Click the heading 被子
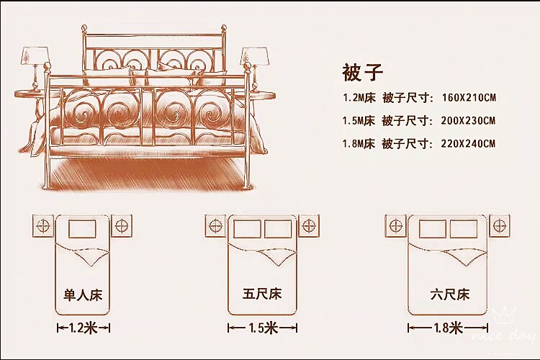(x=362, y=72)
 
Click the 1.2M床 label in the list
(x=359, y=97)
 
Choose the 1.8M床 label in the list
(x=359, y=143)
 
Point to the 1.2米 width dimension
(x=83, y=328)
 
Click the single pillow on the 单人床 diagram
(x=82, y=229)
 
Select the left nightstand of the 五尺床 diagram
(x=216, y=225)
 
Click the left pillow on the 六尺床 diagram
(x=433, y=229)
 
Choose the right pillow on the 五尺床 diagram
(x=278, y=229)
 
